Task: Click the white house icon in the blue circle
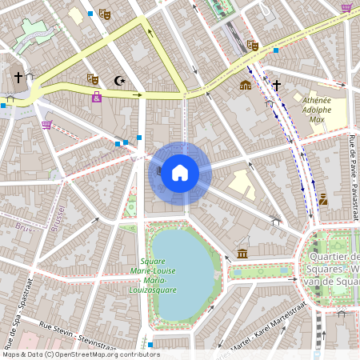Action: pos(180,173)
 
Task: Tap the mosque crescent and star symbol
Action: pos(121,80)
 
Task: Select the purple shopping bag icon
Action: pos(97,97)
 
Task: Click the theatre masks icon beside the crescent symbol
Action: pos(93,79)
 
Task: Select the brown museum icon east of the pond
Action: pos(242,254)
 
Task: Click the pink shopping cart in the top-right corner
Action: pos(346,8)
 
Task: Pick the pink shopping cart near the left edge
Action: pos(46,124)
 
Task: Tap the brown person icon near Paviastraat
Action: pos(323,199)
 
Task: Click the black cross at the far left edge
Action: pos(18,78)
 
